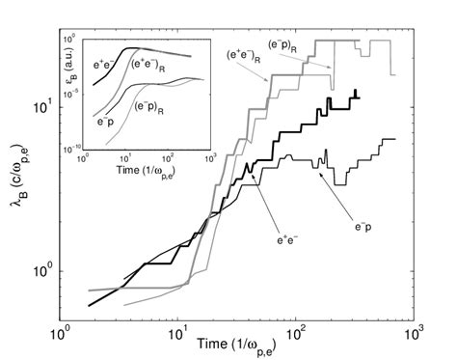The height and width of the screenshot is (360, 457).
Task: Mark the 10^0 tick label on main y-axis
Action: pos(43,271)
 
